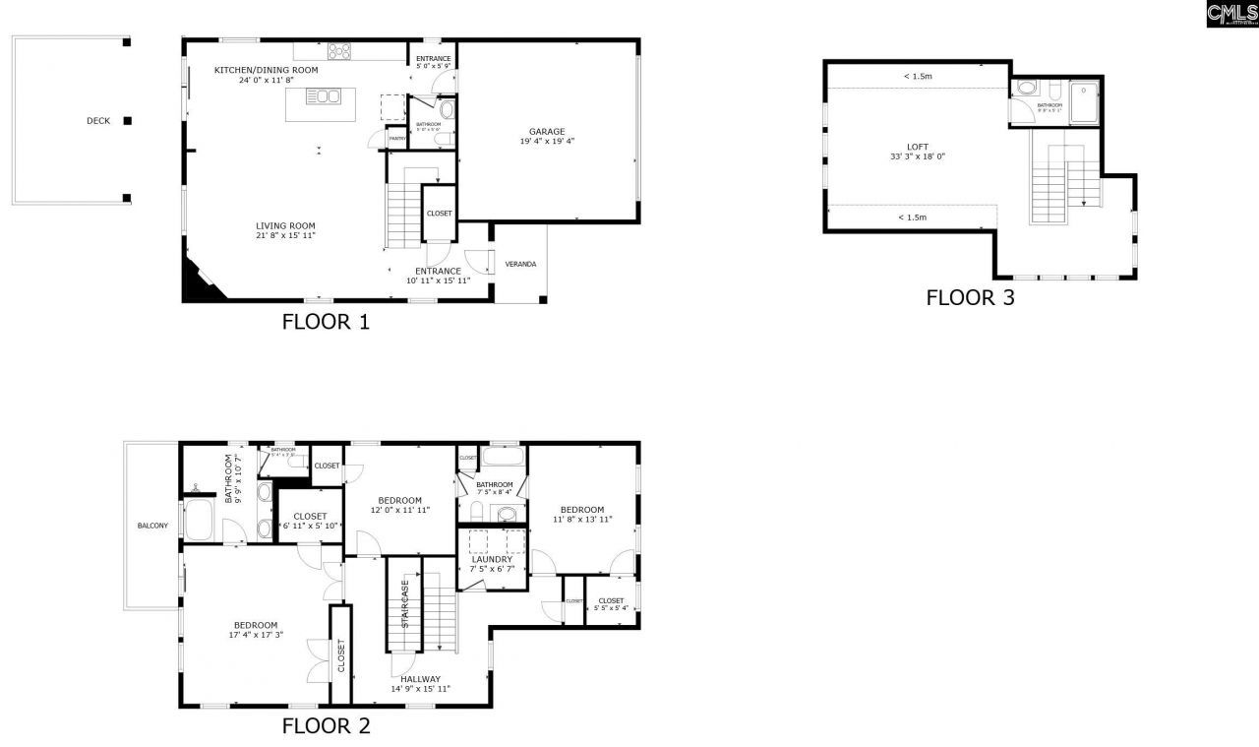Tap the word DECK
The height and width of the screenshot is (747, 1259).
(98, 121)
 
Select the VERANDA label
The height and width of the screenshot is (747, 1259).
(520, 264)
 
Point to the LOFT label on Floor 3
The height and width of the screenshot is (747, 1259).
(918, 147)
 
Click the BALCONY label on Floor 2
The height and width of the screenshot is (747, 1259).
(152, 526)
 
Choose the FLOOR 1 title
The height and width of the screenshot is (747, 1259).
(326, 321)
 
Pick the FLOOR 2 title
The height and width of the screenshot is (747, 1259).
(326, 726)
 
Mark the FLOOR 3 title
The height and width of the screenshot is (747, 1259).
(970, 297)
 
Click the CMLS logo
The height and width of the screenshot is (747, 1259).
(1231, 13)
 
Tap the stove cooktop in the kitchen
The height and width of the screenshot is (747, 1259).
(340, 51)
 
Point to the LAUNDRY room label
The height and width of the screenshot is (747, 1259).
(492, 560)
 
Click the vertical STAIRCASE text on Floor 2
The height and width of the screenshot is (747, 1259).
(404, 603)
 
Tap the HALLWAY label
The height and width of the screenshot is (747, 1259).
(420, 679)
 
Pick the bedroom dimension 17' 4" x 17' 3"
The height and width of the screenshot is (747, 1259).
(255, 636)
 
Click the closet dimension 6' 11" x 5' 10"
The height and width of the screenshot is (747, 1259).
(311, 526)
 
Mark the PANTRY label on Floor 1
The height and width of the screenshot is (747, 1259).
(396, 139)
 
